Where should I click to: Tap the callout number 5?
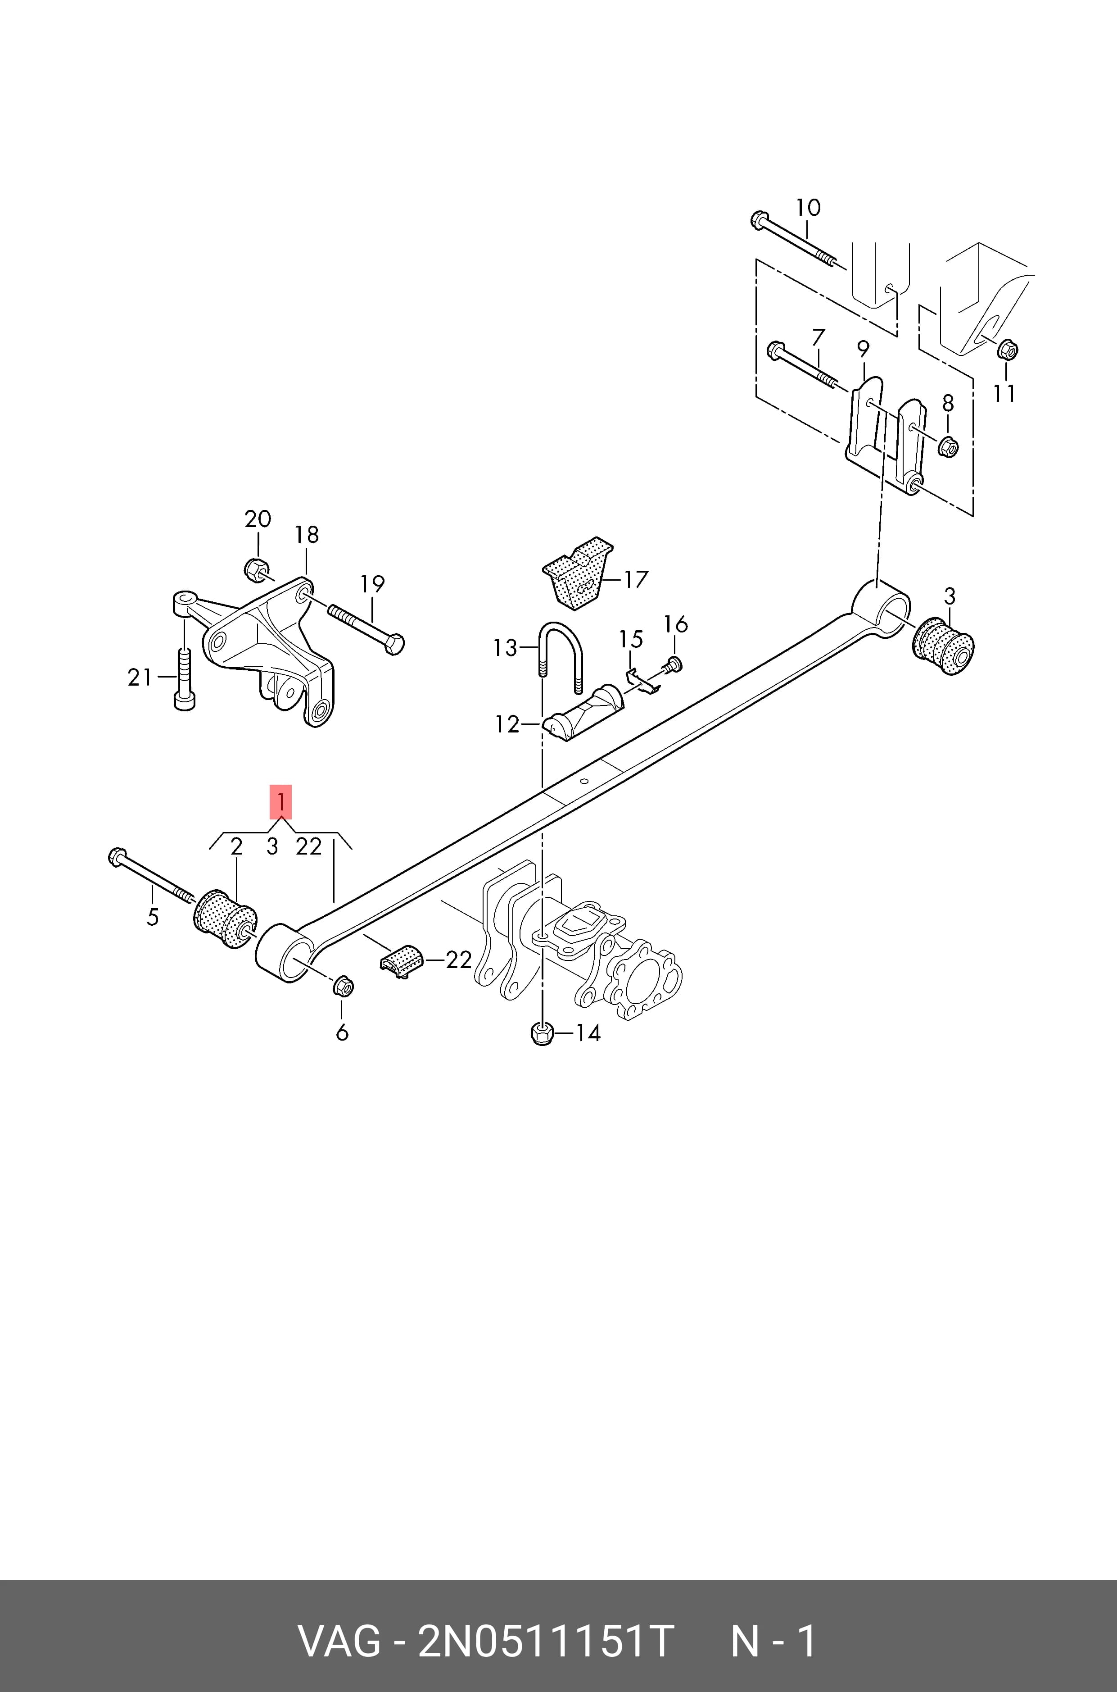tap(153, 917)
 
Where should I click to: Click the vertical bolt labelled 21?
tap(184, 678)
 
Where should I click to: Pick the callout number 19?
tap(372, 584)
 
